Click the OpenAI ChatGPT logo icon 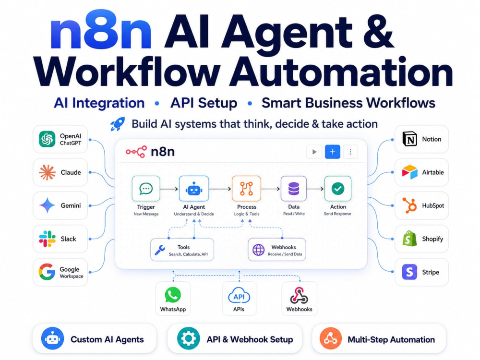[x=47, y=139]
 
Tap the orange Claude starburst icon [x=47, y=172]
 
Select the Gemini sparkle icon [x=47, y=205]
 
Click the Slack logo [x=47, y=239]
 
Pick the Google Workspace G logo [x=47, y=272]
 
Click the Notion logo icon [x=409, y=139]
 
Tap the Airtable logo [x=409, y=172]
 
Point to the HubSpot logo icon [x=409, y=205]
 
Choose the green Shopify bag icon [x=409, y=239]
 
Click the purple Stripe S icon [x=409, y=272]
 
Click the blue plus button [x=333, y=152]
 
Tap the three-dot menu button [x=350, y=152]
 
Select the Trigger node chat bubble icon [x=146, y=189]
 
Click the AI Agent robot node [x=194, y=189]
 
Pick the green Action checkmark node [x=337, y=189]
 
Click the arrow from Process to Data [x=271, y=189]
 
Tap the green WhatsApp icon [x=173, y=295]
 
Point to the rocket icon [x=118, y=124]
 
